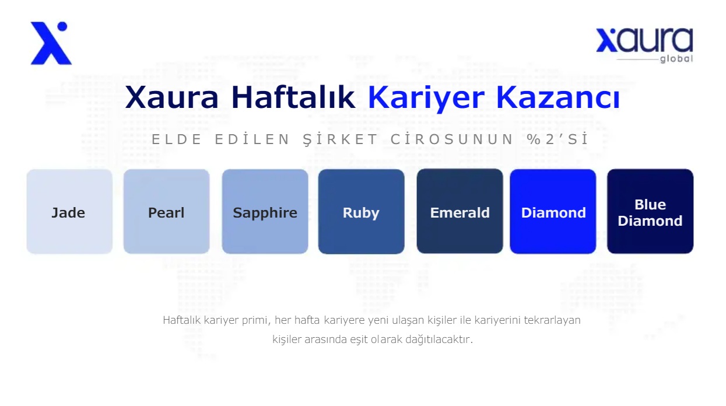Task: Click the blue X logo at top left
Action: pos(51,43)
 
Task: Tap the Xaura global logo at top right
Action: pos(644,45)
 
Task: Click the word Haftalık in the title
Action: pos(293,97)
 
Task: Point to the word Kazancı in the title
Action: pos(558,97)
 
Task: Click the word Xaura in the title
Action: pos(172,97)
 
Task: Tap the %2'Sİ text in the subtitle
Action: pos(557,139)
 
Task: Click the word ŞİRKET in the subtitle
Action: pos(340,139)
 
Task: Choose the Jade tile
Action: pos(69,211)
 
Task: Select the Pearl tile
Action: pos(166,211)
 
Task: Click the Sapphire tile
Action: pos(265,211)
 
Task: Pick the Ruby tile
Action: pos(361,211)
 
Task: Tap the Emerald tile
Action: pos(460,211)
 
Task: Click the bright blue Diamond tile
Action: pos(553,211)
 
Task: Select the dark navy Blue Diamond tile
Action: pos(650,211)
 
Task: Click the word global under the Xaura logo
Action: pos(676,59)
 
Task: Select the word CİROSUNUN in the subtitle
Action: pos(452,139)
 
